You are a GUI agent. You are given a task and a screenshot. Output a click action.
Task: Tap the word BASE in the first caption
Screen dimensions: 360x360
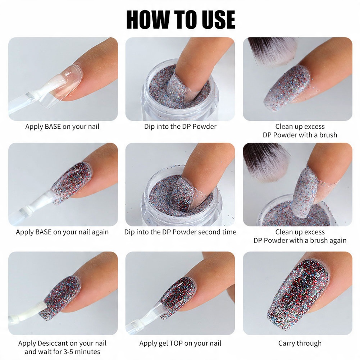tap(53, 127)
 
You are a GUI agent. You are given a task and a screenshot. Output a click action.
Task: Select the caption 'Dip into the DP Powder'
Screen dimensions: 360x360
tap(180, 127)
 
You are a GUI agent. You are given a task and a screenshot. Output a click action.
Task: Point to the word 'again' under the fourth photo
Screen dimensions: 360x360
tap(100, 232)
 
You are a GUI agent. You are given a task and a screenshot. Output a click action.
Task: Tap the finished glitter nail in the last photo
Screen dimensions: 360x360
tap(299, 294)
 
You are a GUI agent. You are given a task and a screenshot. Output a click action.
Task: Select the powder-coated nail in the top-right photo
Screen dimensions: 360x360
tap(288, 88)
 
